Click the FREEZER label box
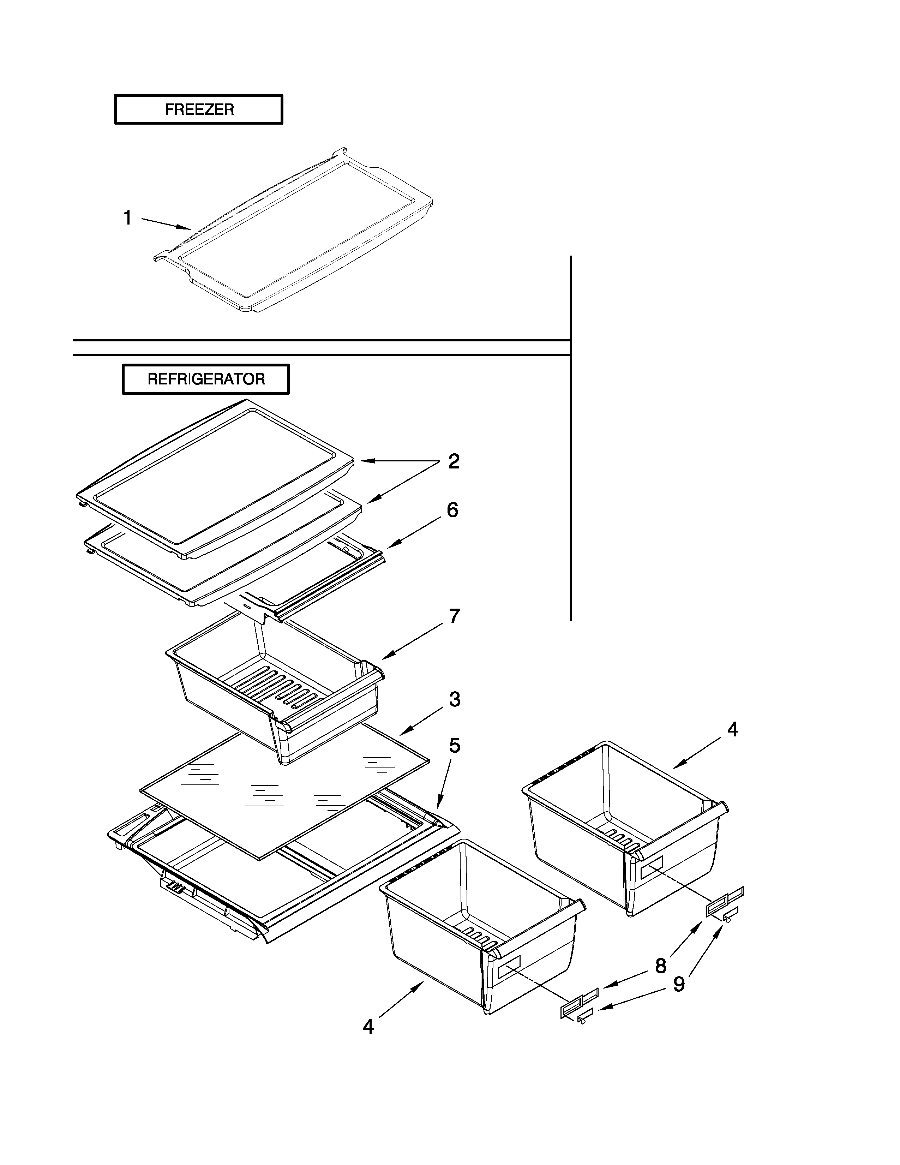coord(198,109)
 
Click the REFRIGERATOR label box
coord(206,379)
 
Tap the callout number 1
coord(127,217)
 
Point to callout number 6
coord(452,510)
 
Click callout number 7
coord(454,616)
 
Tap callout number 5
coord(454,746)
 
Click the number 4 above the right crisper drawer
coord(733,730)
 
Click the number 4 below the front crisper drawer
coord(368,1027)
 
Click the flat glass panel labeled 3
coord(283,789)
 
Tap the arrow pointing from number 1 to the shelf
coord(165,223)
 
